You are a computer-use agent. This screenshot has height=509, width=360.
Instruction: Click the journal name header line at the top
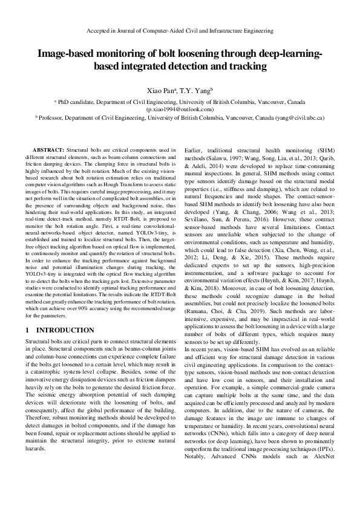click(x=180, y=30)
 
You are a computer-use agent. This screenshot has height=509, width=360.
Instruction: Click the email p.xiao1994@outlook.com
click(x=180, y=109)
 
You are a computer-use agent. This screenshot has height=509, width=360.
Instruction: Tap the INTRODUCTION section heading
click(x=65, y=331)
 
